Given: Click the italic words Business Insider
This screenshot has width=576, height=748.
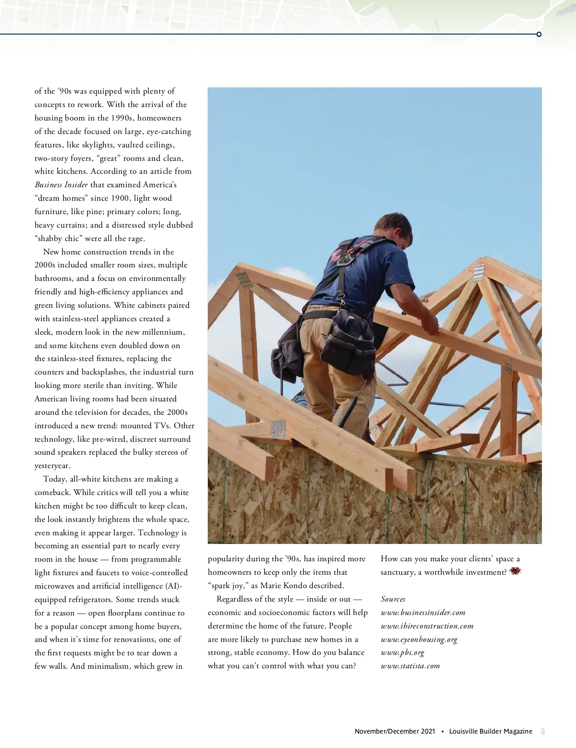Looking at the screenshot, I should [x=61, y=185].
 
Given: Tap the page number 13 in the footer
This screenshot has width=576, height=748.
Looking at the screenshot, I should [x=542, y=732].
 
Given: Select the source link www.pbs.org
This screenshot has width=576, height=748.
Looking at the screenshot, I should [x=402, y=652].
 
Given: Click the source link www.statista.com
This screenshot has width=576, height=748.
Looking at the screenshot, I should [x=410, y=666].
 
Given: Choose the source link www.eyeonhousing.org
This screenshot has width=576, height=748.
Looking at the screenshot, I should [x=419, y=639].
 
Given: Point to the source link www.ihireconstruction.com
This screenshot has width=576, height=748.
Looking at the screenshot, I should [x=427, y=626].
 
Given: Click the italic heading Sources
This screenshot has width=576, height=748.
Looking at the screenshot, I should [x=393, y=599].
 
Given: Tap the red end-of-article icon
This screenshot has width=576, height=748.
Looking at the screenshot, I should [x=516, y=571].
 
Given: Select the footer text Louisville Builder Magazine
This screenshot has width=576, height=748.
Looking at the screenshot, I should [x=491, y=732].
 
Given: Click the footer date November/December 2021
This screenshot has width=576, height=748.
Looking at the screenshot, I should [x=395, y=732].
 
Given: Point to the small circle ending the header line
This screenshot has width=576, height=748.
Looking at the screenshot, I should [x=539, y=34].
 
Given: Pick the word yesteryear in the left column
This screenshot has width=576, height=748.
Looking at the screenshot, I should [x=52, y=466].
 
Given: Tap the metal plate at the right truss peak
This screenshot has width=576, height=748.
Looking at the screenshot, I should [x=479, y=272].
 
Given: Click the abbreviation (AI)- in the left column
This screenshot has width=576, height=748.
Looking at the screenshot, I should [x=174, y=586].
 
